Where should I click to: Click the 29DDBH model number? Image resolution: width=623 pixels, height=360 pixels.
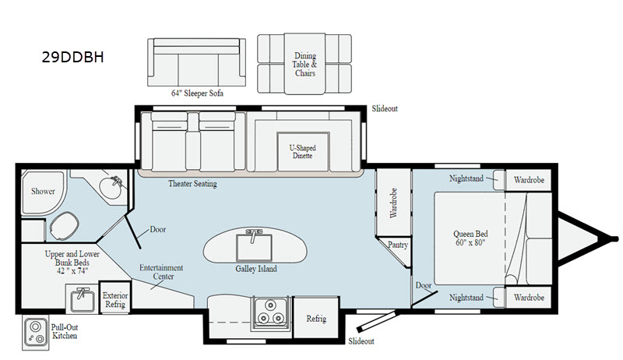[72, 57]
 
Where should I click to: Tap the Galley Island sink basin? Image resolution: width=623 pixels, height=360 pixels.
[254, 247]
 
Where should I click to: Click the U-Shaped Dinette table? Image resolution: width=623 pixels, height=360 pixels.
[303, 151]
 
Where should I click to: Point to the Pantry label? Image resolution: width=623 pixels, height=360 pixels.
[398, 245]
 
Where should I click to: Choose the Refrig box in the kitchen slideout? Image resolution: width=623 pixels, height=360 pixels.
[316, 318]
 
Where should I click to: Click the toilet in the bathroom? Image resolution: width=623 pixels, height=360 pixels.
[63, 224]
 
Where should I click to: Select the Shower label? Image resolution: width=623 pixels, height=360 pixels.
[43, 191]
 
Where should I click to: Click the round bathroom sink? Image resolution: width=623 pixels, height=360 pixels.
[111, 188]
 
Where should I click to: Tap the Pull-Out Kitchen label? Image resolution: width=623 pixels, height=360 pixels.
[64, 331]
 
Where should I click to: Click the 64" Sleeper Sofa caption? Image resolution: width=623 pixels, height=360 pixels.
[197, 93]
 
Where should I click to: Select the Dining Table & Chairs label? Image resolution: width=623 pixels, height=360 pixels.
[305, 65]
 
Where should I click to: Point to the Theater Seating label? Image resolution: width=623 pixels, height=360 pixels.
[192, 184]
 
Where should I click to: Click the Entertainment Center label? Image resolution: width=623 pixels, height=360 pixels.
[161, 272]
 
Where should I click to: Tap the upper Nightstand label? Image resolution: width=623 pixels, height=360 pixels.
[466, 178]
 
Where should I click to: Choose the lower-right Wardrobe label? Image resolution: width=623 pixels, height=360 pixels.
[529, 298]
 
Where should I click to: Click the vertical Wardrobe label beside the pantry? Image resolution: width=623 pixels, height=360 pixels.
[393, 203]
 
